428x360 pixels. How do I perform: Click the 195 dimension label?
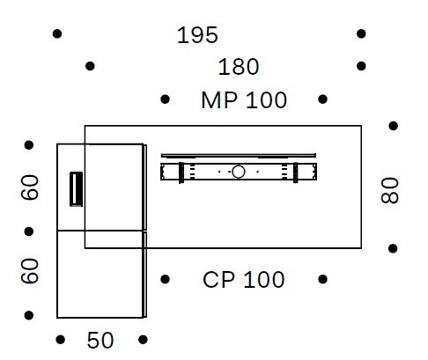(197, 35)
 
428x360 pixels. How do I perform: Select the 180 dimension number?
(239, 67)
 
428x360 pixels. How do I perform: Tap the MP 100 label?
(244, 100)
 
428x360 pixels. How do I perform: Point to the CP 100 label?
(244, 280)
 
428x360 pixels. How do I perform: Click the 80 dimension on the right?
(390, 190)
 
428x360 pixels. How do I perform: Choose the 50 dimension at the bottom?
(100, 341)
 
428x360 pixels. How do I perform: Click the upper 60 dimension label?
(30, 187)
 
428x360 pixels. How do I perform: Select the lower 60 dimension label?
(30, 270)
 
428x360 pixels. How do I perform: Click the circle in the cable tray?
(239, 172)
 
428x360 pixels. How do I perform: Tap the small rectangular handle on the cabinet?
(76, 189)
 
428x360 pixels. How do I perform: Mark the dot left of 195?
(57, 33)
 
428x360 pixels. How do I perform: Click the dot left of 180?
(90, 66)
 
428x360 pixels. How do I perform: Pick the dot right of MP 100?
(322, 99)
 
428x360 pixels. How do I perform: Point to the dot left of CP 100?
(166, 279)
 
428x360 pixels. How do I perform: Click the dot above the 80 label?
(394, 126)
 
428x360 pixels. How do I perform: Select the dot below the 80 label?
(393, 248)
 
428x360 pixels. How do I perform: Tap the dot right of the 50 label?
(143, 340)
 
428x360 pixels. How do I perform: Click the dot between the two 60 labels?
(29, 231)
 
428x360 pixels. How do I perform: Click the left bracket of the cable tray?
(181, 173)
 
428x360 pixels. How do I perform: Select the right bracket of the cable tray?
(296, 173)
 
